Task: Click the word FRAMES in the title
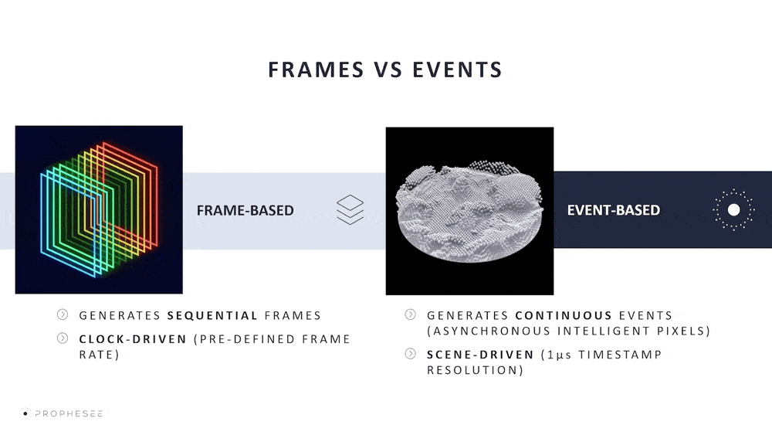coord(316,70)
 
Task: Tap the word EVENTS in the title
coord(457,70)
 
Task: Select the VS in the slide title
coord(388,70)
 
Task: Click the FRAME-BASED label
coord(245,210)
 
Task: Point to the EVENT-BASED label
coord(614,210)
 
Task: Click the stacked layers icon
coord(350,210)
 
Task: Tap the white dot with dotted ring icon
coord(733,210)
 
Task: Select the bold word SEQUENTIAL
coord(212,315)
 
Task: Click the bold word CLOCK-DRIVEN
coord(133,339)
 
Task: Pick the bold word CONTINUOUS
coord(564,315)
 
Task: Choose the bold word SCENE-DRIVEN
coord(480,355)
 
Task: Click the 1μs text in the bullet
coord(559,355)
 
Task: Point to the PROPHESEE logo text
coord(69,414)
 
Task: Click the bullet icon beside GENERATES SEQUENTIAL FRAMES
coord(63,314)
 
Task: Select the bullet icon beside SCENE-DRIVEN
coord(410,354)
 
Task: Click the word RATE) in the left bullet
coord(99,355)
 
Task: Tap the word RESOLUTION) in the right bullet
coord(475,370)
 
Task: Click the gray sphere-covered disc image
coord(469,211)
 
